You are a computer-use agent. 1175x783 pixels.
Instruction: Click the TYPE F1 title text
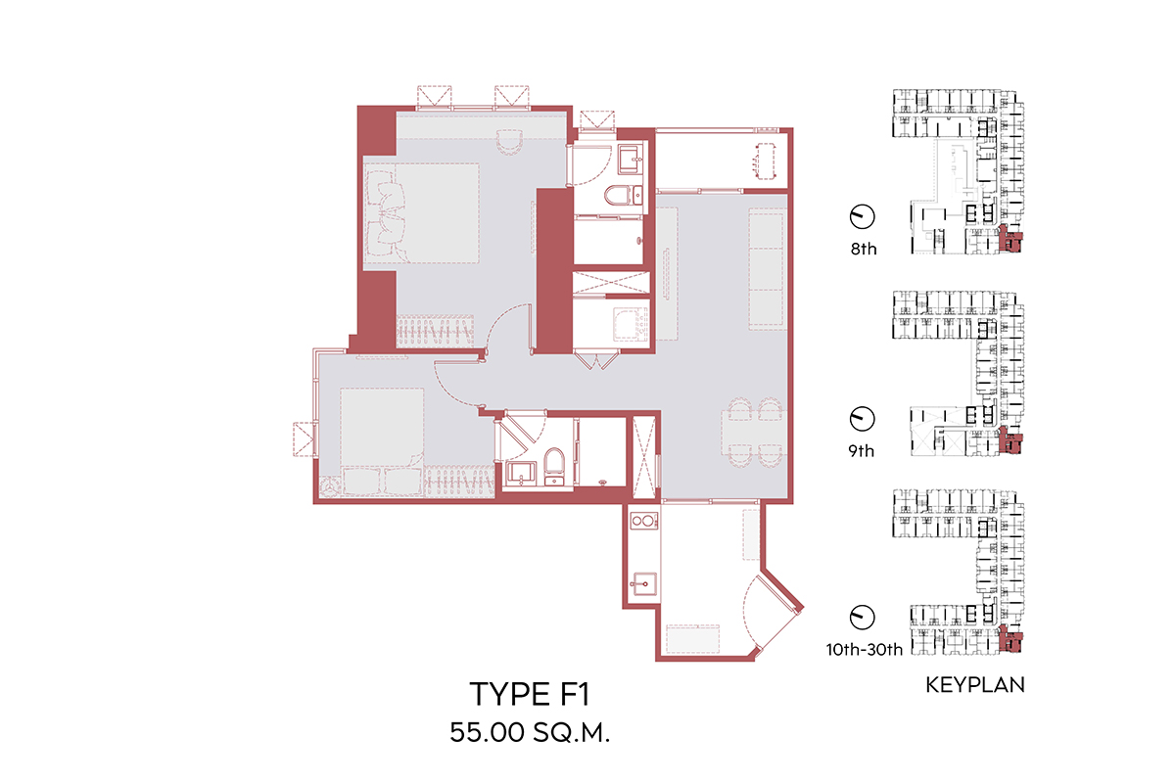point(530,693)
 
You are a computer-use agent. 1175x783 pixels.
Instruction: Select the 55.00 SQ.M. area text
point(530,732)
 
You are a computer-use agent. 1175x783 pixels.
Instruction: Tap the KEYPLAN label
point(974,685)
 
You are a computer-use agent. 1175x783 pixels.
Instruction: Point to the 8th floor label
point(864,249)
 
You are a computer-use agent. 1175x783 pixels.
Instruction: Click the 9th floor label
point(862,450)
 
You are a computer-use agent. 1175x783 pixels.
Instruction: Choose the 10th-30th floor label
point(864,649)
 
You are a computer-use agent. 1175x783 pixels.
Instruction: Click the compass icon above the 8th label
point(862,216)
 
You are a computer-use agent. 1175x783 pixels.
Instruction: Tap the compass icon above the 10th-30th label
point(862,617)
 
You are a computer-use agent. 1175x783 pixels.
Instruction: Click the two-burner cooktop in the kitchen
point(643,521)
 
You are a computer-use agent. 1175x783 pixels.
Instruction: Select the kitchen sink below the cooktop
point(643,583)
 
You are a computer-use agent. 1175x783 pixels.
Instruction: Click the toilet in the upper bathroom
point(623,196)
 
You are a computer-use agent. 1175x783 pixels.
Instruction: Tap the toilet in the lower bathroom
point(554,465)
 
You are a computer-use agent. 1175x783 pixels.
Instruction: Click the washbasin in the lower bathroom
point(521,474)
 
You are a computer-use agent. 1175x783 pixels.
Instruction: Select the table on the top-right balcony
point(766,161)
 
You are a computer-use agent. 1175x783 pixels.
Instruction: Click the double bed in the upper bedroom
point(422,213)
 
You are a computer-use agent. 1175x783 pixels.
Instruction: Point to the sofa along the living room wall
point(767,269)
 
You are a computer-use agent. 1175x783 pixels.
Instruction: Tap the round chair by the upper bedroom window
point(509,142)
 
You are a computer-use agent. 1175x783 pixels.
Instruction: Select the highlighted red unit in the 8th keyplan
point(1010,239)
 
